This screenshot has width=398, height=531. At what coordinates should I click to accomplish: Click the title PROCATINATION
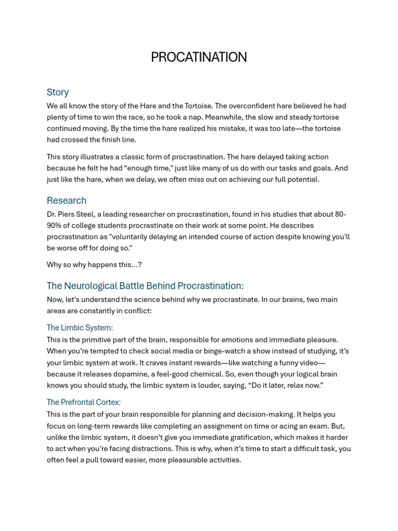(198, 57)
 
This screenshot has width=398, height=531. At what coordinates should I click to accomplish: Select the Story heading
(58, 92)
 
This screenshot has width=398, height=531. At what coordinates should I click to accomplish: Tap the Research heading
(66, 201)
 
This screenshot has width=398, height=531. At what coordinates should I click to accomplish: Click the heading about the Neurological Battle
(145, 286)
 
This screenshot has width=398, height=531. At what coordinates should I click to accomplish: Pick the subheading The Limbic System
(79, 328)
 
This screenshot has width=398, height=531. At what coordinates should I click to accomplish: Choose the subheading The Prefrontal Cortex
(83, 402)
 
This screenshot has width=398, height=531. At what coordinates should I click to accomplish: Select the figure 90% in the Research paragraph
(55, 226)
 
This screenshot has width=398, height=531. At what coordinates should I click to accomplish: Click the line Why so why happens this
(94, 264)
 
